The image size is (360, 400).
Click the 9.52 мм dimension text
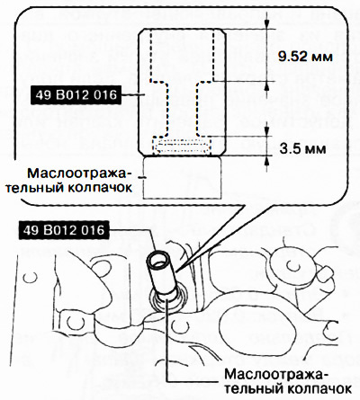tap(305, 57)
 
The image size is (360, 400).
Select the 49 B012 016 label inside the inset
tap(76, 95)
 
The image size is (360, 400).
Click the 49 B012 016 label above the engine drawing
tap(64, 230)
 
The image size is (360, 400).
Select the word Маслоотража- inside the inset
tap(79, 173)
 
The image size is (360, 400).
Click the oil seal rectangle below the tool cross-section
tap(182, 178)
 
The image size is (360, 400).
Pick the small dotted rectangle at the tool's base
tap(182, 146)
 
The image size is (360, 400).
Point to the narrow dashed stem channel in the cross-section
tap(182, 109)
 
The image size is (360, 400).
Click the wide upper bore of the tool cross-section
tap(182, 55)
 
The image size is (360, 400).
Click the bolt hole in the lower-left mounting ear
tap(73, 323)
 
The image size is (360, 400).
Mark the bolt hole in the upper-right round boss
tap(291, 264)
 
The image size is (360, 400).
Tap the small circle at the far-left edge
tap(31, 277)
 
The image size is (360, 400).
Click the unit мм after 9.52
tap(322, 58)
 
